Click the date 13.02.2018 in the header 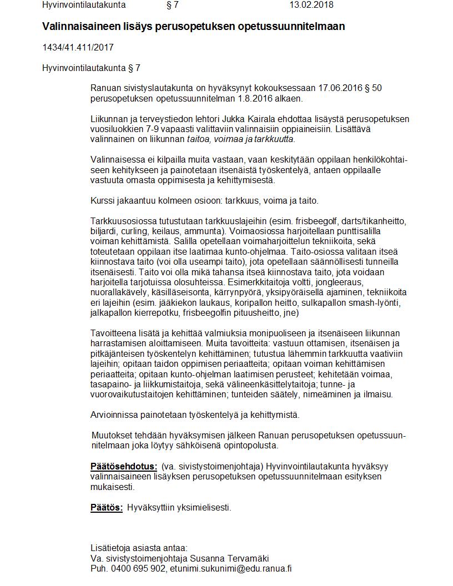click(x=311, y=5)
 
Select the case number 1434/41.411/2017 click(x=78, y=47)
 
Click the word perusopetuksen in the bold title click(x=198, y=27)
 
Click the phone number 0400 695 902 click(x=138, y=569)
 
